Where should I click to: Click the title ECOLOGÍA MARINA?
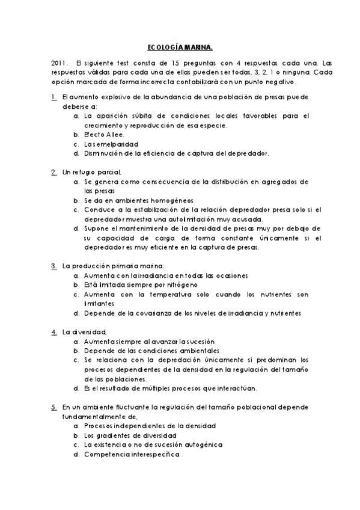180,47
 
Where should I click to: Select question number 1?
53,96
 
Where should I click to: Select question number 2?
53,172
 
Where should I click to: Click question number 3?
53,265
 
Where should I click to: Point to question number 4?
53,331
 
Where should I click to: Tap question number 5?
53,407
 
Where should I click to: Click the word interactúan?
237,389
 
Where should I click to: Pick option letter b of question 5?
76,435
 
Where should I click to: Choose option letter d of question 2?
76,229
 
